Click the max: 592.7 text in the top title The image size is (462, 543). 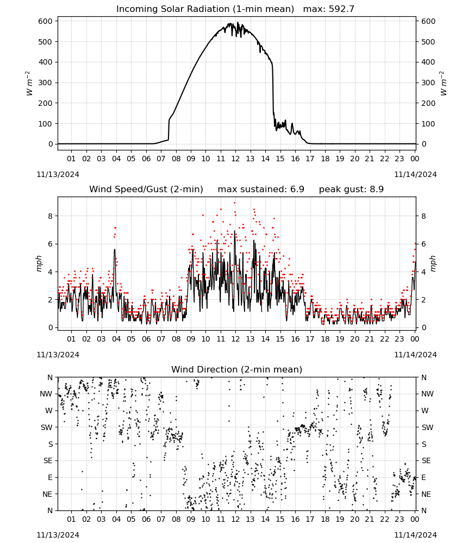329,9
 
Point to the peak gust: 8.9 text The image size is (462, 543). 351,189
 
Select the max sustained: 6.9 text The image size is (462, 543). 261,189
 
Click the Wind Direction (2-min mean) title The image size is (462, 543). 237,369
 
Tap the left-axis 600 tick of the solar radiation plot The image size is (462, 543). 46,21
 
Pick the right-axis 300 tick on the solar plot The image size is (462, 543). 428,83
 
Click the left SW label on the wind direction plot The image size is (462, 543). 46,427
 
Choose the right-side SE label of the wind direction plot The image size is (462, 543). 426,460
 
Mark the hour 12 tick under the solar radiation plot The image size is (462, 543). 235,159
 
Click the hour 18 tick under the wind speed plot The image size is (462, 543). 324,339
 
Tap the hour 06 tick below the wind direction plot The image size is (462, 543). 146,519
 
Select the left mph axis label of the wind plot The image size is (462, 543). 39,263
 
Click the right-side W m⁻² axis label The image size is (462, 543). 444,84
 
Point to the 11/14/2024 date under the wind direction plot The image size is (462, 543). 415,535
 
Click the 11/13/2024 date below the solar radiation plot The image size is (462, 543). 58,174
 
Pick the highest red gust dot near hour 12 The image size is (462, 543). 235,203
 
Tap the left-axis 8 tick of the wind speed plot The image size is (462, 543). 51,216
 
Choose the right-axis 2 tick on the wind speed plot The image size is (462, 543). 423,300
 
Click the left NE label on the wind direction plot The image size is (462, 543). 47,494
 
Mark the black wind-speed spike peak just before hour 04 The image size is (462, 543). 115,249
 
